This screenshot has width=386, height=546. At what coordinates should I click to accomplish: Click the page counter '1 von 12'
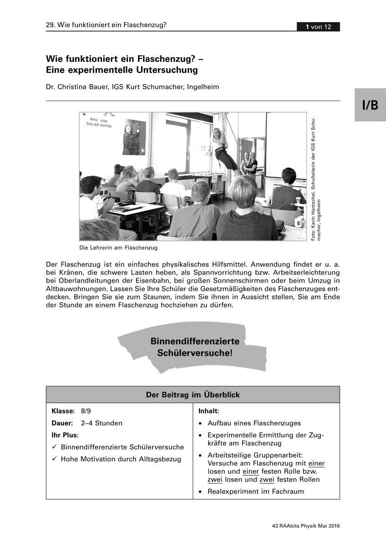pyautogui.click(x=319, y=27)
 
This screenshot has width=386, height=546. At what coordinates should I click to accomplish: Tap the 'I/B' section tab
pyautogui.click(x=370, y=106)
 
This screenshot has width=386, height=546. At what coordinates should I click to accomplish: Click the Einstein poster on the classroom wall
pyautogui.click(x=134, y=137)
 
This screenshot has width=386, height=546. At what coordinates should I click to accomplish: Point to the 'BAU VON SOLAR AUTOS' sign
pyautogui.click(x=99, y=122)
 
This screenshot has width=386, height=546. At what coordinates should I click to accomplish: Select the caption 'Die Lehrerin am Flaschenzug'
pyautogui.click(x=118, y=248)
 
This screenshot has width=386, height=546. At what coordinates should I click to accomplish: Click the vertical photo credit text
pyautogui.click(x=316, y=180)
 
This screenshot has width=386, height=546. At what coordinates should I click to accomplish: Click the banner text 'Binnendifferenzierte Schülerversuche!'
pyautogui.click(x=194, y=347)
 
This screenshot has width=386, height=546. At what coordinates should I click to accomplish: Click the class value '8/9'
pyautogui.click(x=86, y=411)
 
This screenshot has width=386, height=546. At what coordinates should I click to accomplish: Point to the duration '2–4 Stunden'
pyautogui.click(x=102, y=423)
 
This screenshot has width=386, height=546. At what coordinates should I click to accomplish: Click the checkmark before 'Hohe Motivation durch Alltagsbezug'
pyautogui.click(x=54, y=459)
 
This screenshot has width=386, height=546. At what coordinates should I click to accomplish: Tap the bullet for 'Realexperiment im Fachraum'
pyautogui.click(x=201, y=492)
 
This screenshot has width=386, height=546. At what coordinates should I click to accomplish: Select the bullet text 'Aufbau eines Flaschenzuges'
pyautogui.click(x=254, y=423)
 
